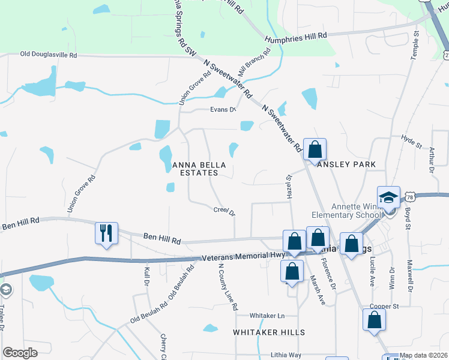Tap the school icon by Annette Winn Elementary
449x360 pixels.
[388, 197]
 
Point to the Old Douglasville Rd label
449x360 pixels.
[49, 55]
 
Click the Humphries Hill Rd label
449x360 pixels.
[297, 37]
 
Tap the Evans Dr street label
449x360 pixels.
[223, 109]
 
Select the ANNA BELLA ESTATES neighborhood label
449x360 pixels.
[195, 168]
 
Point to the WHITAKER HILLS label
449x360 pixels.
[269, 332]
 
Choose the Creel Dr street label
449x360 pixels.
[224, 210]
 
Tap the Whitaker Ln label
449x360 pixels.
[268, 315]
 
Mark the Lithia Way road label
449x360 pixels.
[286, 355]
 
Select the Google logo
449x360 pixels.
[20, 353]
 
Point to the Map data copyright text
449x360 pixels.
[423, 355]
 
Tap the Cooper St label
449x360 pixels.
[384, 306]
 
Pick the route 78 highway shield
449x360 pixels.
[409, 197]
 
